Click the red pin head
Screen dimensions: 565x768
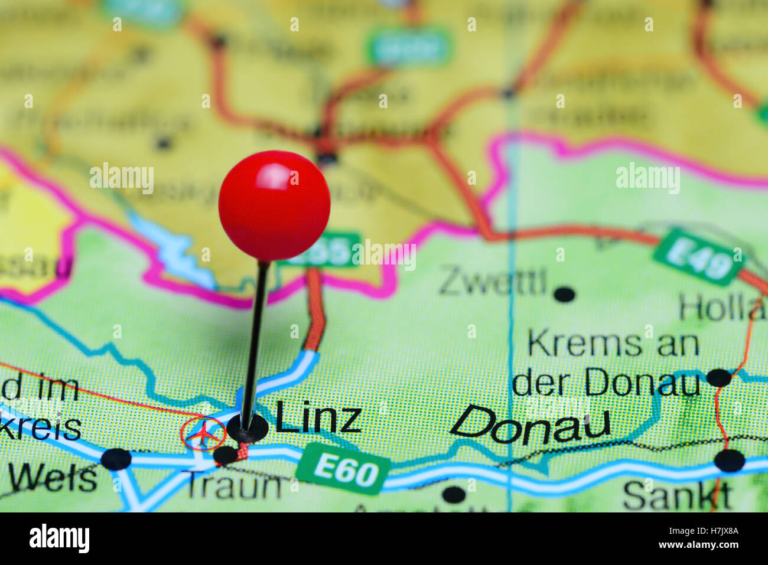point(274,205)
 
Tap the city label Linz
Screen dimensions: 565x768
point(318,417)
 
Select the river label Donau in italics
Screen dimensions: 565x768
point(530,425)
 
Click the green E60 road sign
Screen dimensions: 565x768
point(343,470)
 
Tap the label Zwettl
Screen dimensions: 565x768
point(492,282)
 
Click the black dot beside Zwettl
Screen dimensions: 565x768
point(565,294)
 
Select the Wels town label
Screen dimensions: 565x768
point(53,478)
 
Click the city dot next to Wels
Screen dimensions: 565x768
point(116,459)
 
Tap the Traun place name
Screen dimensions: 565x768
point(234,486)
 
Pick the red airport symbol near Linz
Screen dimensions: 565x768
point(203,435)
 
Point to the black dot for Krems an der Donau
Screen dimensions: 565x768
point(719,377)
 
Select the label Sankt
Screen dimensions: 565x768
point(677,495)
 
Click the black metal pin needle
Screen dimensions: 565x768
point(255,337)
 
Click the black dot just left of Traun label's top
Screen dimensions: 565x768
point(225,455)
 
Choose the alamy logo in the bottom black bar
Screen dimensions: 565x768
point(59,539)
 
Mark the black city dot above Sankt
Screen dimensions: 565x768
point(730,460)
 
